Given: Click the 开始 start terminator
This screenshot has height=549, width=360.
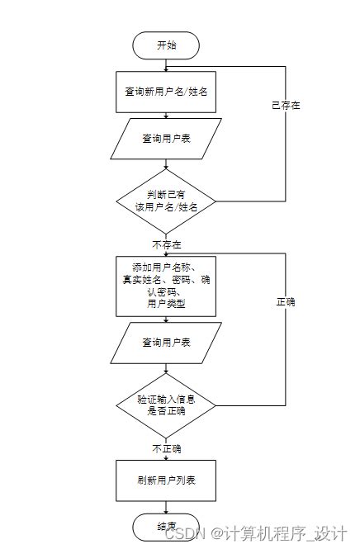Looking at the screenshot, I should (166, 45).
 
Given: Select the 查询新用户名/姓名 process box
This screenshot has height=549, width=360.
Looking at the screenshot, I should (166, 92).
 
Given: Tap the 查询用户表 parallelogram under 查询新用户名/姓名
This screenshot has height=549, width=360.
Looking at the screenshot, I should (166, 138).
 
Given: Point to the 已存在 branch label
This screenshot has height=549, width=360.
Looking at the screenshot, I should (286, 106).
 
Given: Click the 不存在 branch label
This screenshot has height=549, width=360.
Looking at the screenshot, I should (167, 244).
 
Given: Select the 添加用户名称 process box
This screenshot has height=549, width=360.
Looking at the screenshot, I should (166, 286).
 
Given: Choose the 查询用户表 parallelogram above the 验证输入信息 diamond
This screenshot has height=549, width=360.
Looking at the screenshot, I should (166, 342).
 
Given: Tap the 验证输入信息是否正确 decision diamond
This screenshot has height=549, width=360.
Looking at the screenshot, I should (166, 405).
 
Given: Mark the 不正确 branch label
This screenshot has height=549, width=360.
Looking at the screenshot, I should (166, 448).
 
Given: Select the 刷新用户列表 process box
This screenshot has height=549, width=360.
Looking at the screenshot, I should (166, 480).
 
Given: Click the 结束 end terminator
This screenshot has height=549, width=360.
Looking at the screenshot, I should (166, 526).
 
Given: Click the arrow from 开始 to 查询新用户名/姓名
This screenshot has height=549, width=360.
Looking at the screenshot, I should (166, 65).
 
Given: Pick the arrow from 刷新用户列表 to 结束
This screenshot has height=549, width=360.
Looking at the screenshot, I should (166, 506).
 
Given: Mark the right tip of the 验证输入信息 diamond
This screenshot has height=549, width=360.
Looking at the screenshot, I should (216, 405).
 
